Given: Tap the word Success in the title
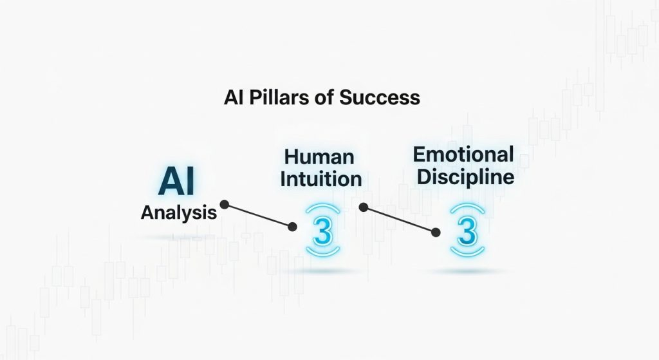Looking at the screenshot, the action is [380, 98].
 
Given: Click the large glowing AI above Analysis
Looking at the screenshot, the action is [176, 181].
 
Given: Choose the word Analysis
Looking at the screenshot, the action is [179, 213].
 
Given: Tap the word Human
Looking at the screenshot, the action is [319, 157].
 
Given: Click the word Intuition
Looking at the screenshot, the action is [321, 179].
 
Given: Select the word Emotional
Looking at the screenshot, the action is [463, 155].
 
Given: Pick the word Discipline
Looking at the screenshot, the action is [466, 176].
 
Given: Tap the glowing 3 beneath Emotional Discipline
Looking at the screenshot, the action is [467, 231].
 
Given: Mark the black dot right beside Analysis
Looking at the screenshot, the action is [225, 205].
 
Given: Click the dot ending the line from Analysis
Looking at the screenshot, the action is [293, 227].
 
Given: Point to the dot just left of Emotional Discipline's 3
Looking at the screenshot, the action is [436, 232].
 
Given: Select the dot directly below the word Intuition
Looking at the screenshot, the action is [364, 207].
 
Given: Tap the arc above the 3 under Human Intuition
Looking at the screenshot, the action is [323, 207].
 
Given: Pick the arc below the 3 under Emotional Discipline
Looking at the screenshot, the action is [467, 254].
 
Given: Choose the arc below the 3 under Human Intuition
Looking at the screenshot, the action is [323, 254].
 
